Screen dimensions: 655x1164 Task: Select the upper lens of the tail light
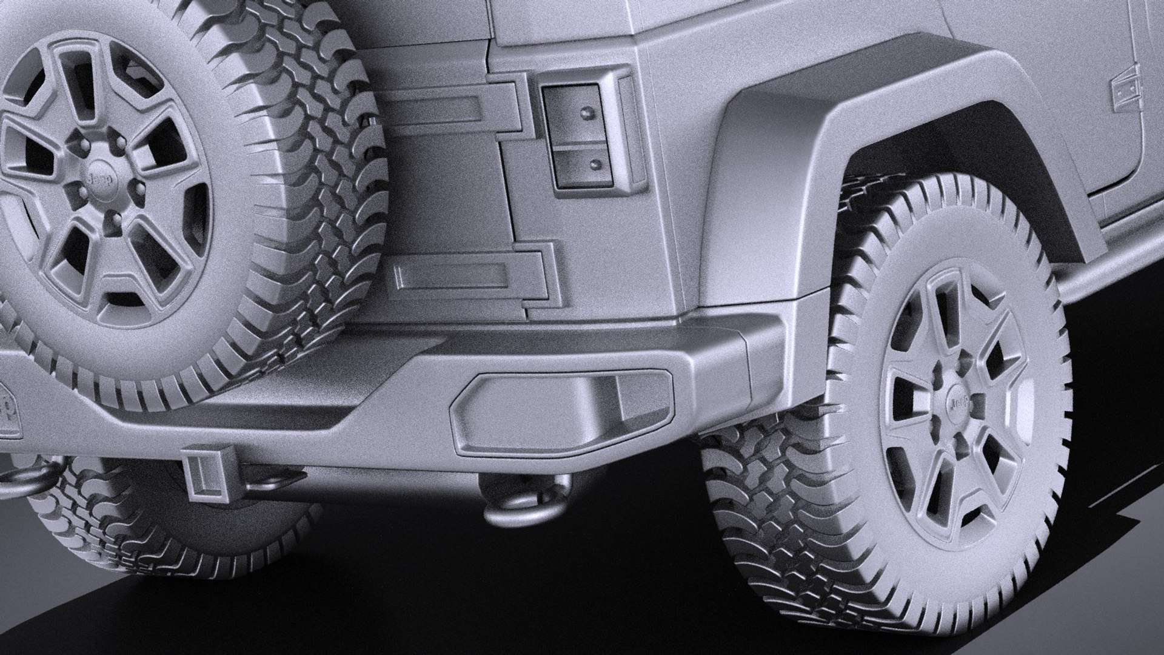(x=572, y=112)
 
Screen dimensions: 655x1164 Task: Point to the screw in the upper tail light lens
(x=586, y=113)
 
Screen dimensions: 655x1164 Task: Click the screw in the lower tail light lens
(x=596, y=164)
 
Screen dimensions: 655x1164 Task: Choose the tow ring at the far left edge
(x=12, y=479)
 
